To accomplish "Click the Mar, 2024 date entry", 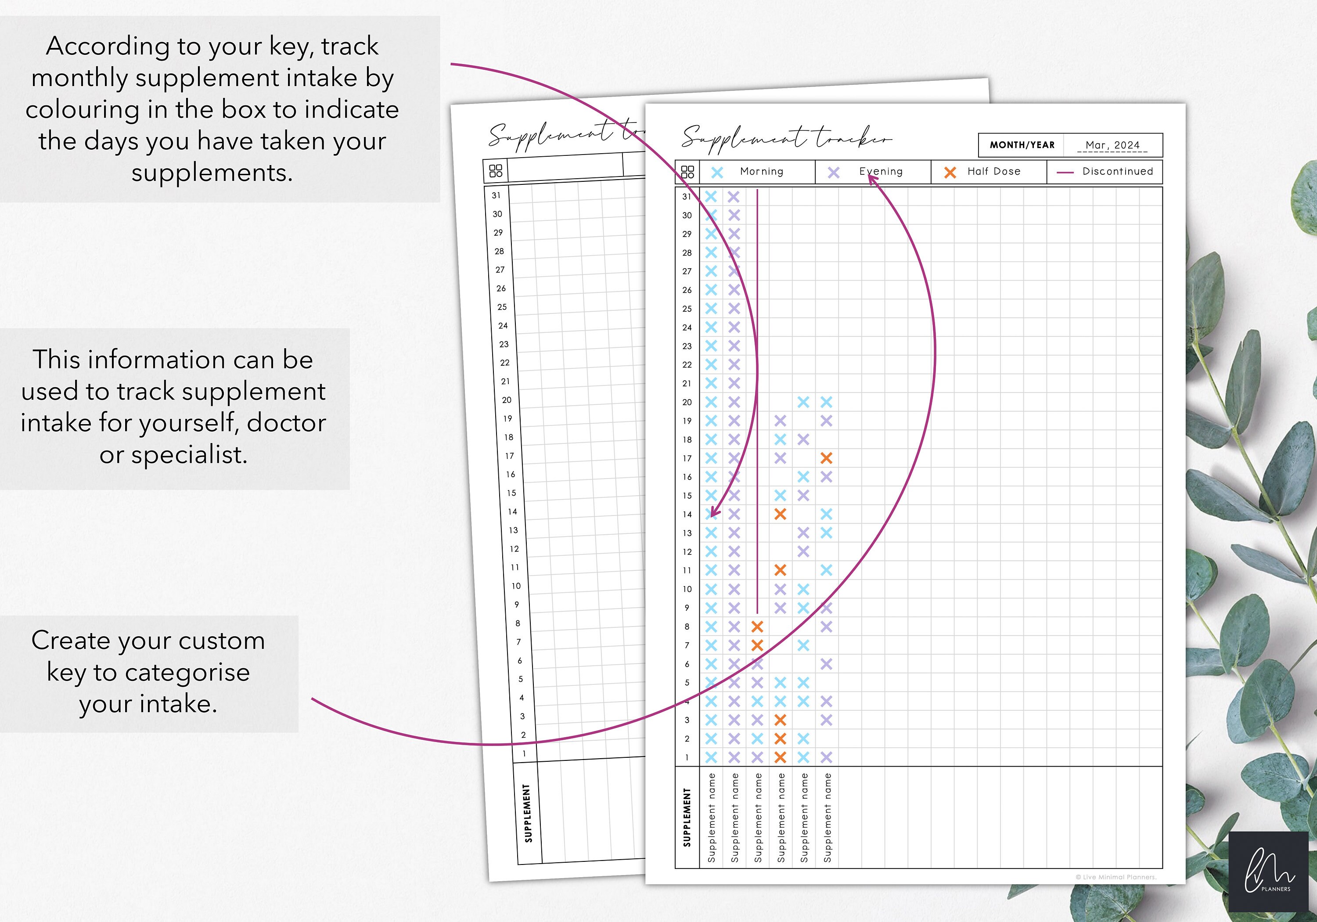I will click(x=1112, y=145).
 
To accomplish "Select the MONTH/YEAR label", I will click(x=1022, y=145).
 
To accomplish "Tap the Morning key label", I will click(x=761, y=172).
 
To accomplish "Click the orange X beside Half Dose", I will click(x=950, y=172).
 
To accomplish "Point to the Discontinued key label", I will click(x=1117, y=172).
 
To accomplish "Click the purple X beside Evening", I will click(x=834, y=172).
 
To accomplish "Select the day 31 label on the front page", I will click(x=686, y=197).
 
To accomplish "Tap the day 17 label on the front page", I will click(x=687, y=458).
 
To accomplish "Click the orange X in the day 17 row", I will click(x=826, y=458).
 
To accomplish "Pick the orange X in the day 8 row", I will click(x=757, y=627).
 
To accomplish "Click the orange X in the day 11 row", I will click(x=780, y=570).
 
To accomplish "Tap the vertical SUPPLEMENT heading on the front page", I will click(x=687, y=817).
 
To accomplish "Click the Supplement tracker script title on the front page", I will click(x=786, y=139).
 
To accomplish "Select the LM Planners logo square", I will click(x=1268, y=871).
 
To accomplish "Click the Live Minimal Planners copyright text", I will click(x=1115, y=877).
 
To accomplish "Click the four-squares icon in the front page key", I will click(x=687, y=172).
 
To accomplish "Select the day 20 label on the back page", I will click(x=507, y=400).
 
